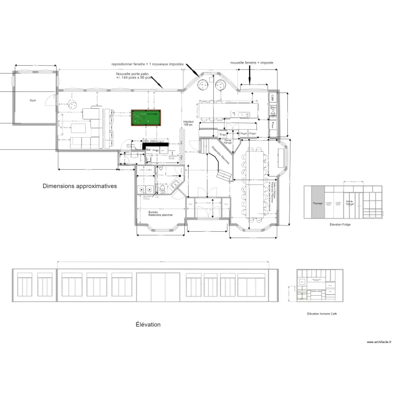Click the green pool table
pos(147,118)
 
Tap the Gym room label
pos(33,100)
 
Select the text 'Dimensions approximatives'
pos(80,186)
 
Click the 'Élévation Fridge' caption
pos(340,224)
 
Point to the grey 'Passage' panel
pos(318,202)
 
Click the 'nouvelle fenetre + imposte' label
pos(252,62)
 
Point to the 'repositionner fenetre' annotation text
pos(148,64)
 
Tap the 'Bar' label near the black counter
pos(148,150)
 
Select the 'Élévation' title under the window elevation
pos(148,325)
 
